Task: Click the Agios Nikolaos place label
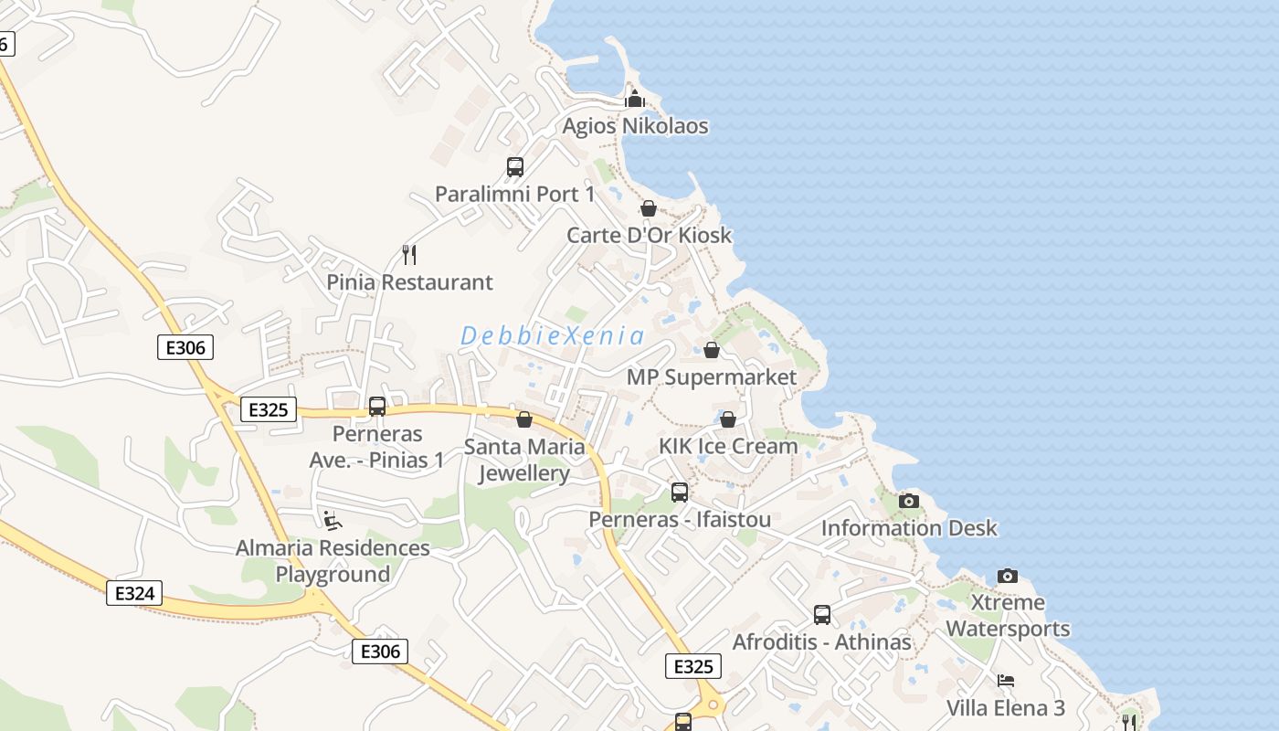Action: pyautogui.click(x=635, y=126)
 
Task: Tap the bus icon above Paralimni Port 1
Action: pyautogui.click(x=515, y=167)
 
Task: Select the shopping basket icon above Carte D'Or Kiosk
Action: pyautogui.click(x=649, y=208)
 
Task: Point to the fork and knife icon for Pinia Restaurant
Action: pyautogui.click(x=409, y=254)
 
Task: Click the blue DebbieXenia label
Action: pyautogui.click(x=552, y=335)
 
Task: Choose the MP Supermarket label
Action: pyautogui.click(x=711, y=376)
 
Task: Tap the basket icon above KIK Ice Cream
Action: pyautogui.click(x=728, y=419)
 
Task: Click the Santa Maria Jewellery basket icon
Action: pyautogui.click(x=524, y=419)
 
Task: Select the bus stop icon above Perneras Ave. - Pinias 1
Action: pyautogui.click(x=376, y=407)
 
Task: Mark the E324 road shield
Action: pyautogui.click(x=134, y=593)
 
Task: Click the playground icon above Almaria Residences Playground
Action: pyautogui.click(x=333, y=521)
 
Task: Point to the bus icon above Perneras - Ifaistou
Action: pyautogui.click(x=680, y=493)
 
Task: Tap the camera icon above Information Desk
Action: pyautogui.click(x=908, y=501)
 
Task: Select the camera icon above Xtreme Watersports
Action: pyautogui.click(x=1008, y=576)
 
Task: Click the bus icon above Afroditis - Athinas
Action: pyautogui.click(x=822, y=615)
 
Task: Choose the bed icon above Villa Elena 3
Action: pyautogui.click(x=1006, y=681)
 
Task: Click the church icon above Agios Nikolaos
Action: pyautogui.click(x=635, y=99)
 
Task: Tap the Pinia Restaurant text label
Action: pyautogui.click(x=409, y=282)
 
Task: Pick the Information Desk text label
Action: pyautogui.click(x=909, y=528)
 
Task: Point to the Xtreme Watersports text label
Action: pyautogui.click(x=1008, y=616)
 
